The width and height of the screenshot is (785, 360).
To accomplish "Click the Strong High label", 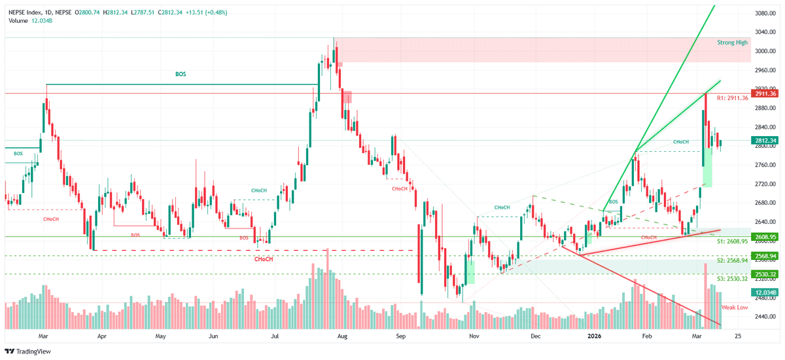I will coord(732,42).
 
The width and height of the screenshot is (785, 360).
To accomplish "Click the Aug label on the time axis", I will coord(341,336).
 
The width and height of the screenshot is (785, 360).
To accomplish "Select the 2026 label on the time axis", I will coord(594,336).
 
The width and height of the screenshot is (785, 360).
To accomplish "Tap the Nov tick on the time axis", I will coord(475,336).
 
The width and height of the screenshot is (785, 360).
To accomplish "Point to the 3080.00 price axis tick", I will coord(764,12).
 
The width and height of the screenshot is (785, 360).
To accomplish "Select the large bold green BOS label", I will coord(181,75).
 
